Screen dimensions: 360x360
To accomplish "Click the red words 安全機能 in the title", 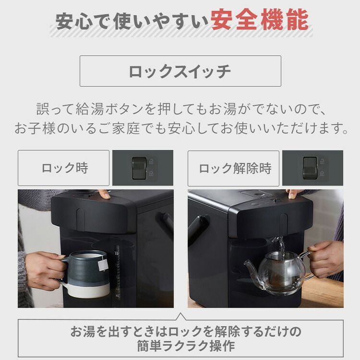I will click(x=260, y=21).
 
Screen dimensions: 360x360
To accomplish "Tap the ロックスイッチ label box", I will click(x=180, y=71).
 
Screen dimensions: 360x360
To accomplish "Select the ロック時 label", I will click(x=64, y=168).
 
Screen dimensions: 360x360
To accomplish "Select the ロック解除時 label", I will click(x=234, y=168).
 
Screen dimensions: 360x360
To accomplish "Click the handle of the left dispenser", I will click(x=167, y=225).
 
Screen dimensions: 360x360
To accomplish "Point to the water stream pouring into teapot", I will click(x=282, y=245).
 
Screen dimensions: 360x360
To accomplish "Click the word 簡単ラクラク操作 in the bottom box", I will click(x=180, y=346).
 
